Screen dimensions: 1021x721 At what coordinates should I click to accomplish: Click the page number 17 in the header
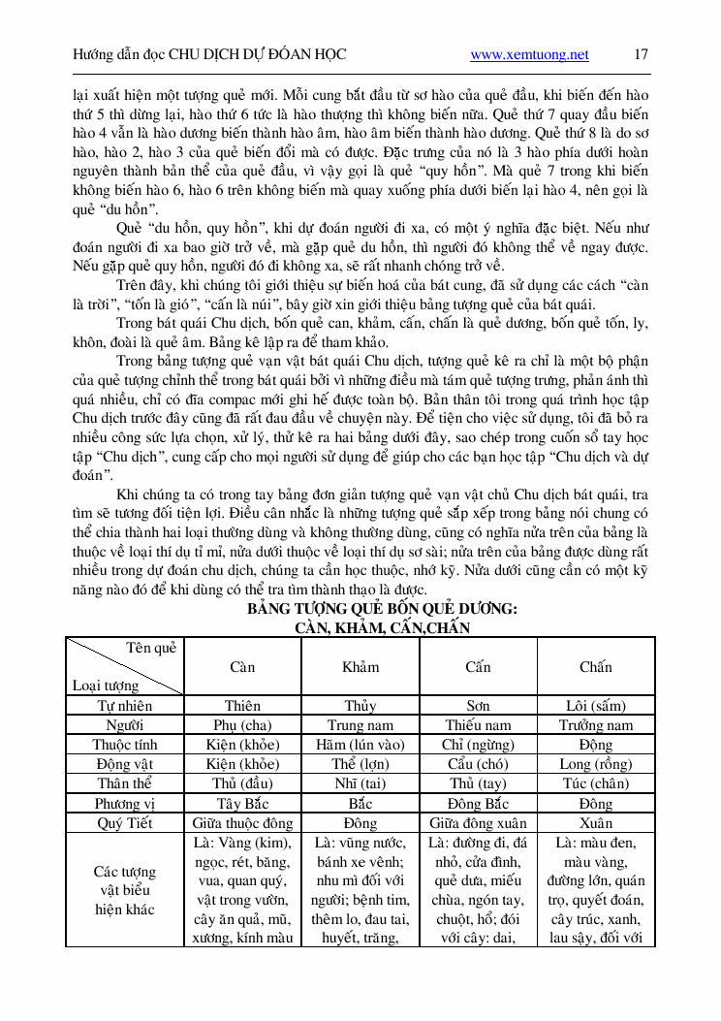[x=641, y=54]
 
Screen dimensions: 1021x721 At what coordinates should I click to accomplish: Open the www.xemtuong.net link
[x=529, y=55]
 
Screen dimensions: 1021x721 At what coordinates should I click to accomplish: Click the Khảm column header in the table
[x=360, y=667]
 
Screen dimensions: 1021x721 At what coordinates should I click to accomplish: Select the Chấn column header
[x=596, y=667]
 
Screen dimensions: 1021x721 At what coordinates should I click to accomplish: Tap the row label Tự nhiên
[x=125, y=706]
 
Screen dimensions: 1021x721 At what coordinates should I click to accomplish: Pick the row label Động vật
[x=125, y=764]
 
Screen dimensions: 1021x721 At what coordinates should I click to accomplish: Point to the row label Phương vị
[x=125, y=803]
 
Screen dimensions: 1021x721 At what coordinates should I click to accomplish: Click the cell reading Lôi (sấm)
[x=596, y=706]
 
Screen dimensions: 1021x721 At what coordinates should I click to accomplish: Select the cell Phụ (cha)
[x=242, y=725]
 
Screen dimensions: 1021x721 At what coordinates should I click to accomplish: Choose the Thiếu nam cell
[x=478, y=725]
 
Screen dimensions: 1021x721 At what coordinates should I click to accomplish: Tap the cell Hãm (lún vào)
[x=360, y=745]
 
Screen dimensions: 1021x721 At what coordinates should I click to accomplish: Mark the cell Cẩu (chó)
[x=478, y=764]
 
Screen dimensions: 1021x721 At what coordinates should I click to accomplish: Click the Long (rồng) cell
[x=596, y=764]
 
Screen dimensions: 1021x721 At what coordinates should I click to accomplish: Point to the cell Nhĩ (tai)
[x=360, y=783]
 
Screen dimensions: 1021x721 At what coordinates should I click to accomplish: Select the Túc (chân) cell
[x=596, y=783]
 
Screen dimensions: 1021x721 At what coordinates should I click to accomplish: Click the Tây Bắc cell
[x=242, y=803]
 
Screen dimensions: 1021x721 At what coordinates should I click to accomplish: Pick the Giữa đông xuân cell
[x=478, y=822]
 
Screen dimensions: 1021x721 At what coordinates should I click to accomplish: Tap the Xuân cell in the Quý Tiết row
[x=596, y=822]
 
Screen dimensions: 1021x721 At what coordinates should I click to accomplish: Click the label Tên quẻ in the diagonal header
[x=151, y=648]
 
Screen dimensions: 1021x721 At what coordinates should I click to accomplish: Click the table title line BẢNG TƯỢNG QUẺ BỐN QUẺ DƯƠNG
[x=382, y=609]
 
